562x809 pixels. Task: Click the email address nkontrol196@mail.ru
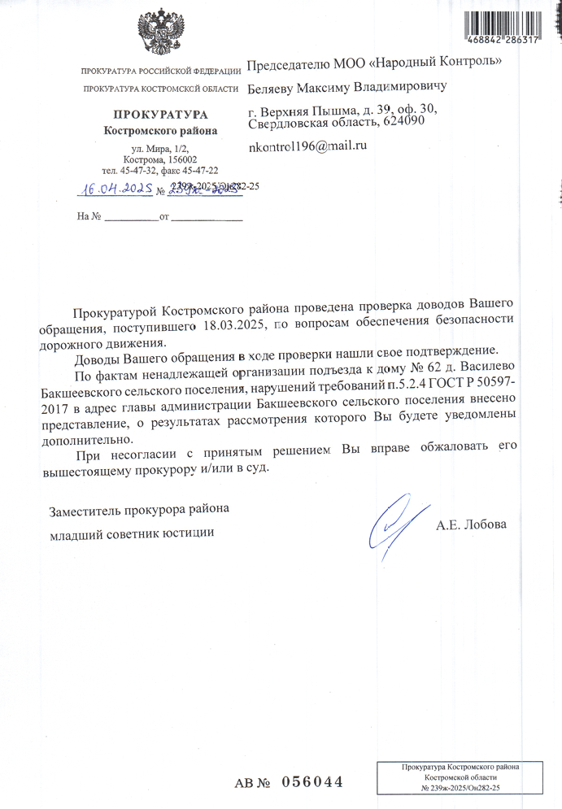308,146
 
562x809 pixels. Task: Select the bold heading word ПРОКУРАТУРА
160,115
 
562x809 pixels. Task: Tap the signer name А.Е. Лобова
472,525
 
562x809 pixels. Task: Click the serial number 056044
311,782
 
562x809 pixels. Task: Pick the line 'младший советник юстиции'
133,533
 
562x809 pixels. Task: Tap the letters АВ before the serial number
246,783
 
